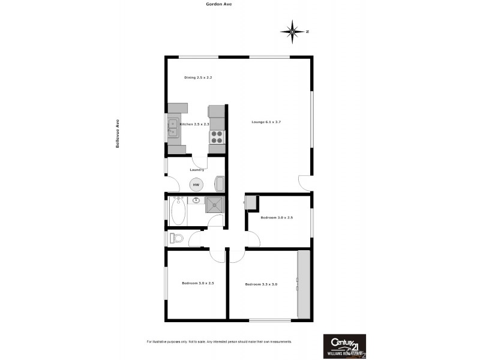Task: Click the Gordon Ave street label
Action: point(218,4)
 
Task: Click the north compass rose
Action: point(292,31)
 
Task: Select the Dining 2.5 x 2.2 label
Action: point(199,78)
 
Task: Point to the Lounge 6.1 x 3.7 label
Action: point(266,122)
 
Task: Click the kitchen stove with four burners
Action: point(216,137)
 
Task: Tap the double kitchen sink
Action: point(173,128)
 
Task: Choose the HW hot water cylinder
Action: point(196,185)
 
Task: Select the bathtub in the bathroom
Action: point(178,211)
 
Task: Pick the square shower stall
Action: point(214,205)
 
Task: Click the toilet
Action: point(176,238)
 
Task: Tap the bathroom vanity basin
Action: point(196,200)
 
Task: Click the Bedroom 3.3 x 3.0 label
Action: point(261,284)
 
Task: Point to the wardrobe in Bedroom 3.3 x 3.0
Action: point(304,285)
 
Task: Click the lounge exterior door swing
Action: point(304,181)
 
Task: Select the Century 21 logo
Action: point(344,345)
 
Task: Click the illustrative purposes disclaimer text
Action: point(219,341)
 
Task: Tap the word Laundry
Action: point(197,170)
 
